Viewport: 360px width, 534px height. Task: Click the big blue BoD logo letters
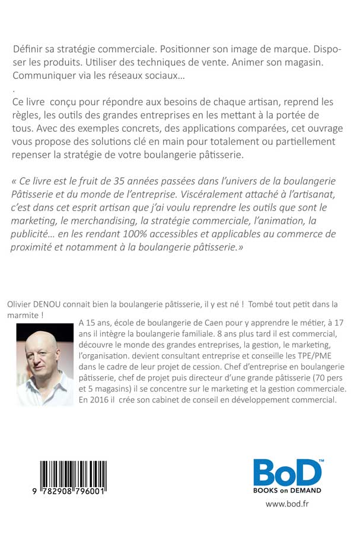click(x=288, y=472)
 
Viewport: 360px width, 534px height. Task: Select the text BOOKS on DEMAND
click(x=288, y=490)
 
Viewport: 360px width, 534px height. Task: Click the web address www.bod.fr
click(x=287, y=505)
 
